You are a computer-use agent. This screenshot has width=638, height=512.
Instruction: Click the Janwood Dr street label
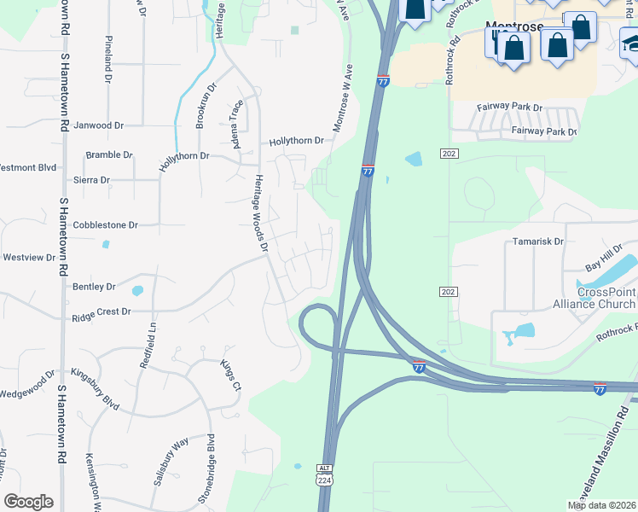pyautogui.click(x=99, y=125)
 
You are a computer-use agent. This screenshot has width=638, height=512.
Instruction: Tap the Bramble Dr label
pyautogui.click(x=109, y=155)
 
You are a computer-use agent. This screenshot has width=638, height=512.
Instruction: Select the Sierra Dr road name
pyautogui.click(x=92, y=180)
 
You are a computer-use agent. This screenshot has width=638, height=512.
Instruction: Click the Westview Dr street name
pyautogui.click(x=29, y=257)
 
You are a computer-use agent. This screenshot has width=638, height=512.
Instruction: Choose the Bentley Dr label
pyautogui.click(x=94, y=287)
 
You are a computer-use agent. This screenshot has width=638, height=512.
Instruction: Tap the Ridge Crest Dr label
pyautogui.click(x=101, y=312)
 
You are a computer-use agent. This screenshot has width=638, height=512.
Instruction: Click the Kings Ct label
pyautogui.click(x=231, y=376)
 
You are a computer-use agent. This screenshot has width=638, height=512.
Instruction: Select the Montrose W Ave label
pyautogui.click(x=342, y=98)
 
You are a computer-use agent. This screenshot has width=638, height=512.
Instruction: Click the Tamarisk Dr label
pyautogui.click(x=538, y=241)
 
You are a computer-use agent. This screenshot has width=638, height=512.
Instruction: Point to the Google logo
pyautogui.click(x=28, y=502)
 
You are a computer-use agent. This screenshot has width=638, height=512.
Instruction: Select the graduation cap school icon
pyautogui.click(x=630, y=41)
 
